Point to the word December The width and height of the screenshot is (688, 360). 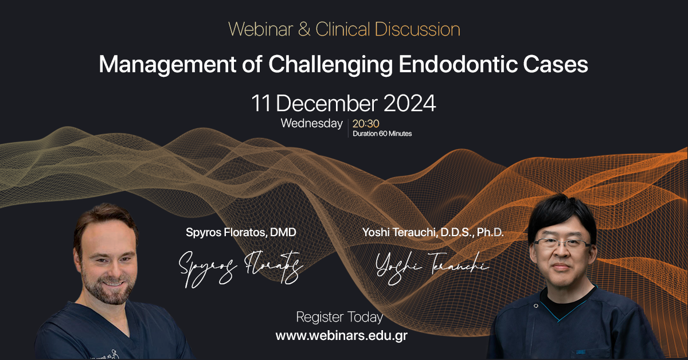tap(329, 104)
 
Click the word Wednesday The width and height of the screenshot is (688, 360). tap(311, 123)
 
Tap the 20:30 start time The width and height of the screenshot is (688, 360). tap(366, 123)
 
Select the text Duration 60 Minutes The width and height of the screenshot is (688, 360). tap(382, 134)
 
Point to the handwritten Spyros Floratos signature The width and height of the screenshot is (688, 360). tap(241, 267)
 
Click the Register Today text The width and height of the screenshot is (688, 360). tap(339, 317)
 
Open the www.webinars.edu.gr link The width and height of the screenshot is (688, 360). tap(342, 335)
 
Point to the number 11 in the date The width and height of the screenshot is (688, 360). tap(261, 104)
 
